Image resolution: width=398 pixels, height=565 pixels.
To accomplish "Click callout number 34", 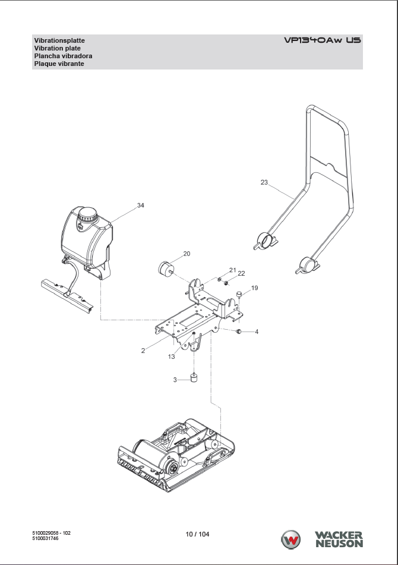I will (140, 206).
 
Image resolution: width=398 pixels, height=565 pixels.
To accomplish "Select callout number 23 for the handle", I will (264, 182).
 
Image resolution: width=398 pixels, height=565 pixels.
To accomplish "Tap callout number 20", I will (187, 254).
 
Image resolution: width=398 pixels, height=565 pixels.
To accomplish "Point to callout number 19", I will (254, 288).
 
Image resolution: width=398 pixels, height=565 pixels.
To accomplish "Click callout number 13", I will (171, 356).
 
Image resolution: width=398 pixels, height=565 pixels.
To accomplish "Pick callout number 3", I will (175, 379).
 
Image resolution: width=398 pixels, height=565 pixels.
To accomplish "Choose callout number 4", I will (257, 331).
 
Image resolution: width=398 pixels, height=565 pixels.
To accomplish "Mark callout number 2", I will (143, 351).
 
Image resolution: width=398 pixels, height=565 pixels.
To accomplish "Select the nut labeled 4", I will (238, 330).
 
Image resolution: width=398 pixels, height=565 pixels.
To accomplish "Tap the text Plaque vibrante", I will (59, 64).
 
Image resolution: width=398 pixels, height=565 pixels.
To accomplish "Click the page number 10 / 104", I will (197, 534).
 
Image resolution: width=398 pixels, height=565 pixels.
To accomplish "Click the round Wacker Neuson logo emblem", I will (291, 540).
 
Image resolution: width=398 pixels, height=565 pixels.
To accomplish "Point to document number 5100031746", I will (45, 538).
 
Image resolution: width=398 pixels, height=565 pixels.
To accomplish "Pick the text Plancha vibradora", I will (62, 56).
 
